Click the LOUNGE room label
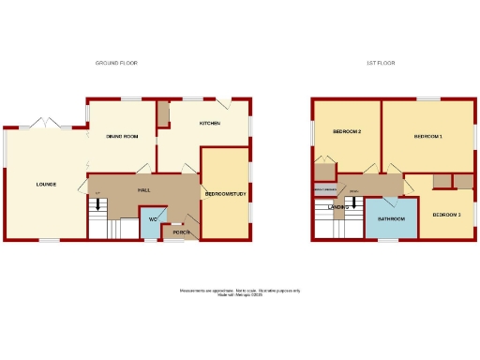pyautogui.click(x=46, y=184)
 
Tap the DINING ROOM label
pyautogui.click(x=122, y=137)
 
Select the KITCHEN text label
pyautogui.click(x=209, y=124)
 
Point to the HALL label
pyautogui.click(x=144, y=190)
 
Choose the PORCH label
pyautogui.click(x=182, y=232)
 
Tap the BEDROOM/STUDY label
pyautogui.click(x=224, y=194)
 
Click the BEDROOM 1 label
pyautogui.click(x=427, y=137)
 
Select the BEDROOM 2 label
pyautogui.click(x=347, y=131)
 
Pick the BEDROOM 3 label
pyautogui.click(x=446, y=215)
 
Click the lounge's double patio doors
pyautogui.click(x=43, y=123)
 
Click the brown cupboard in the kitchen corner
pyautogui.click(x=164, y=115)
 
